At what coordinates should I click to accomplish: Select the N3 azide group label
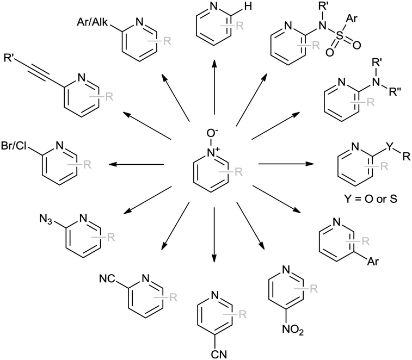48,219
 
